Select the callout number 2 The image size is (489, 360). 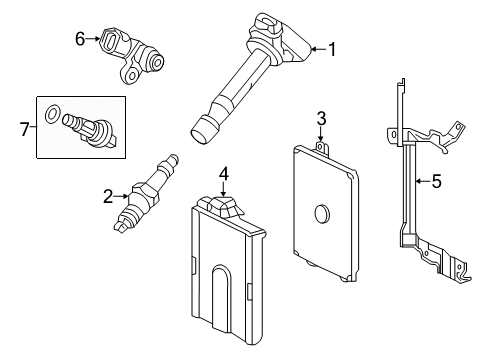(x=107, y=196)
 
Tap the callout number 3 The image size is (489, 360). (x=321, y=119)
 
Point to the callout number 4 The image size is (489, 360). (x=224, y=174)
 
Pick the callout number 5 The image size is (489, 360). (x=435, y=182)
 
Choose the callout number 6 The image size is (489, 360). (x=80, y=39)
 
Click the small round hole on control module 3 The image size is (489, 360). (x=322, y=213)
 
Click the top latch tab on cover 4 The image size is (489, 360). (x=222, y=205)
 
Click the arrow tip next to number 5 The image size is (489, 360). (x=416, y=182)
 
